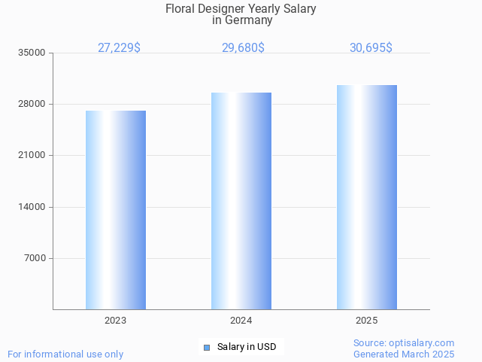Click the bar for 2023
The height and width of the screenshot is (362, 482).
pos(116,210)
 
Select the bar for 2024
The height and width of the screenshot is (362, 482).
pos(241,201)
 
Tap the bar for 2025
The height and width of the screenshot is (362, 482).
pos(367,197)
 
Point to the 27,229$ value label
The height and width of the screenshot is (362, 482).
pos(119,47)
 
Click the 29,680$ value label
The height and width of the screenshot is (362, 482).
pos(243,47)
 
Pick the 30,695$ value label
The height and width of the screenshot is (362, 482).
pos(371,47)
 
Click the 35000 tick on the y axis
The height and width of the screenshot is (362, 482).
pos(32,53)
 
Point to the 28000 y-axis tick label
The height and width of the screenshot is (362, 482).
pos(32,104)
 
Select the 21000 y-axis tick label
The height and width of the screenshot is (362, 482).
pos(32,156)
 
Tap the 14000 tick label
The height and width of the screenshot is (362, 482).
pos(32,207)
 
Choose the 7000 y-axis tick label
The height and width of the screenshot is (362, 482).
pos(35,258)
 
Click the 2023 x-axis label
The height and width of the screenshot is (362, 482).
pos(116,321)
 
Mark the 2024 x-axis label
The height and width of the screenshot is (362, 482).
pos(241,321)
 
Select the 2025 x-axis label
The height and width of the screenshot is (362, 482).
pos(367,321)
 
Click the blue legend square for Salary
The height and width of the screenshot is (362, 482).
pos(206,347)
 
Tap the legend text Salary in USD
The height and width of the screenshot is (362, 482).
pos(247,347)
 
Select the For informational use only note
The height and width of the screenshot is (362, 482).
pos(65,354)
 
